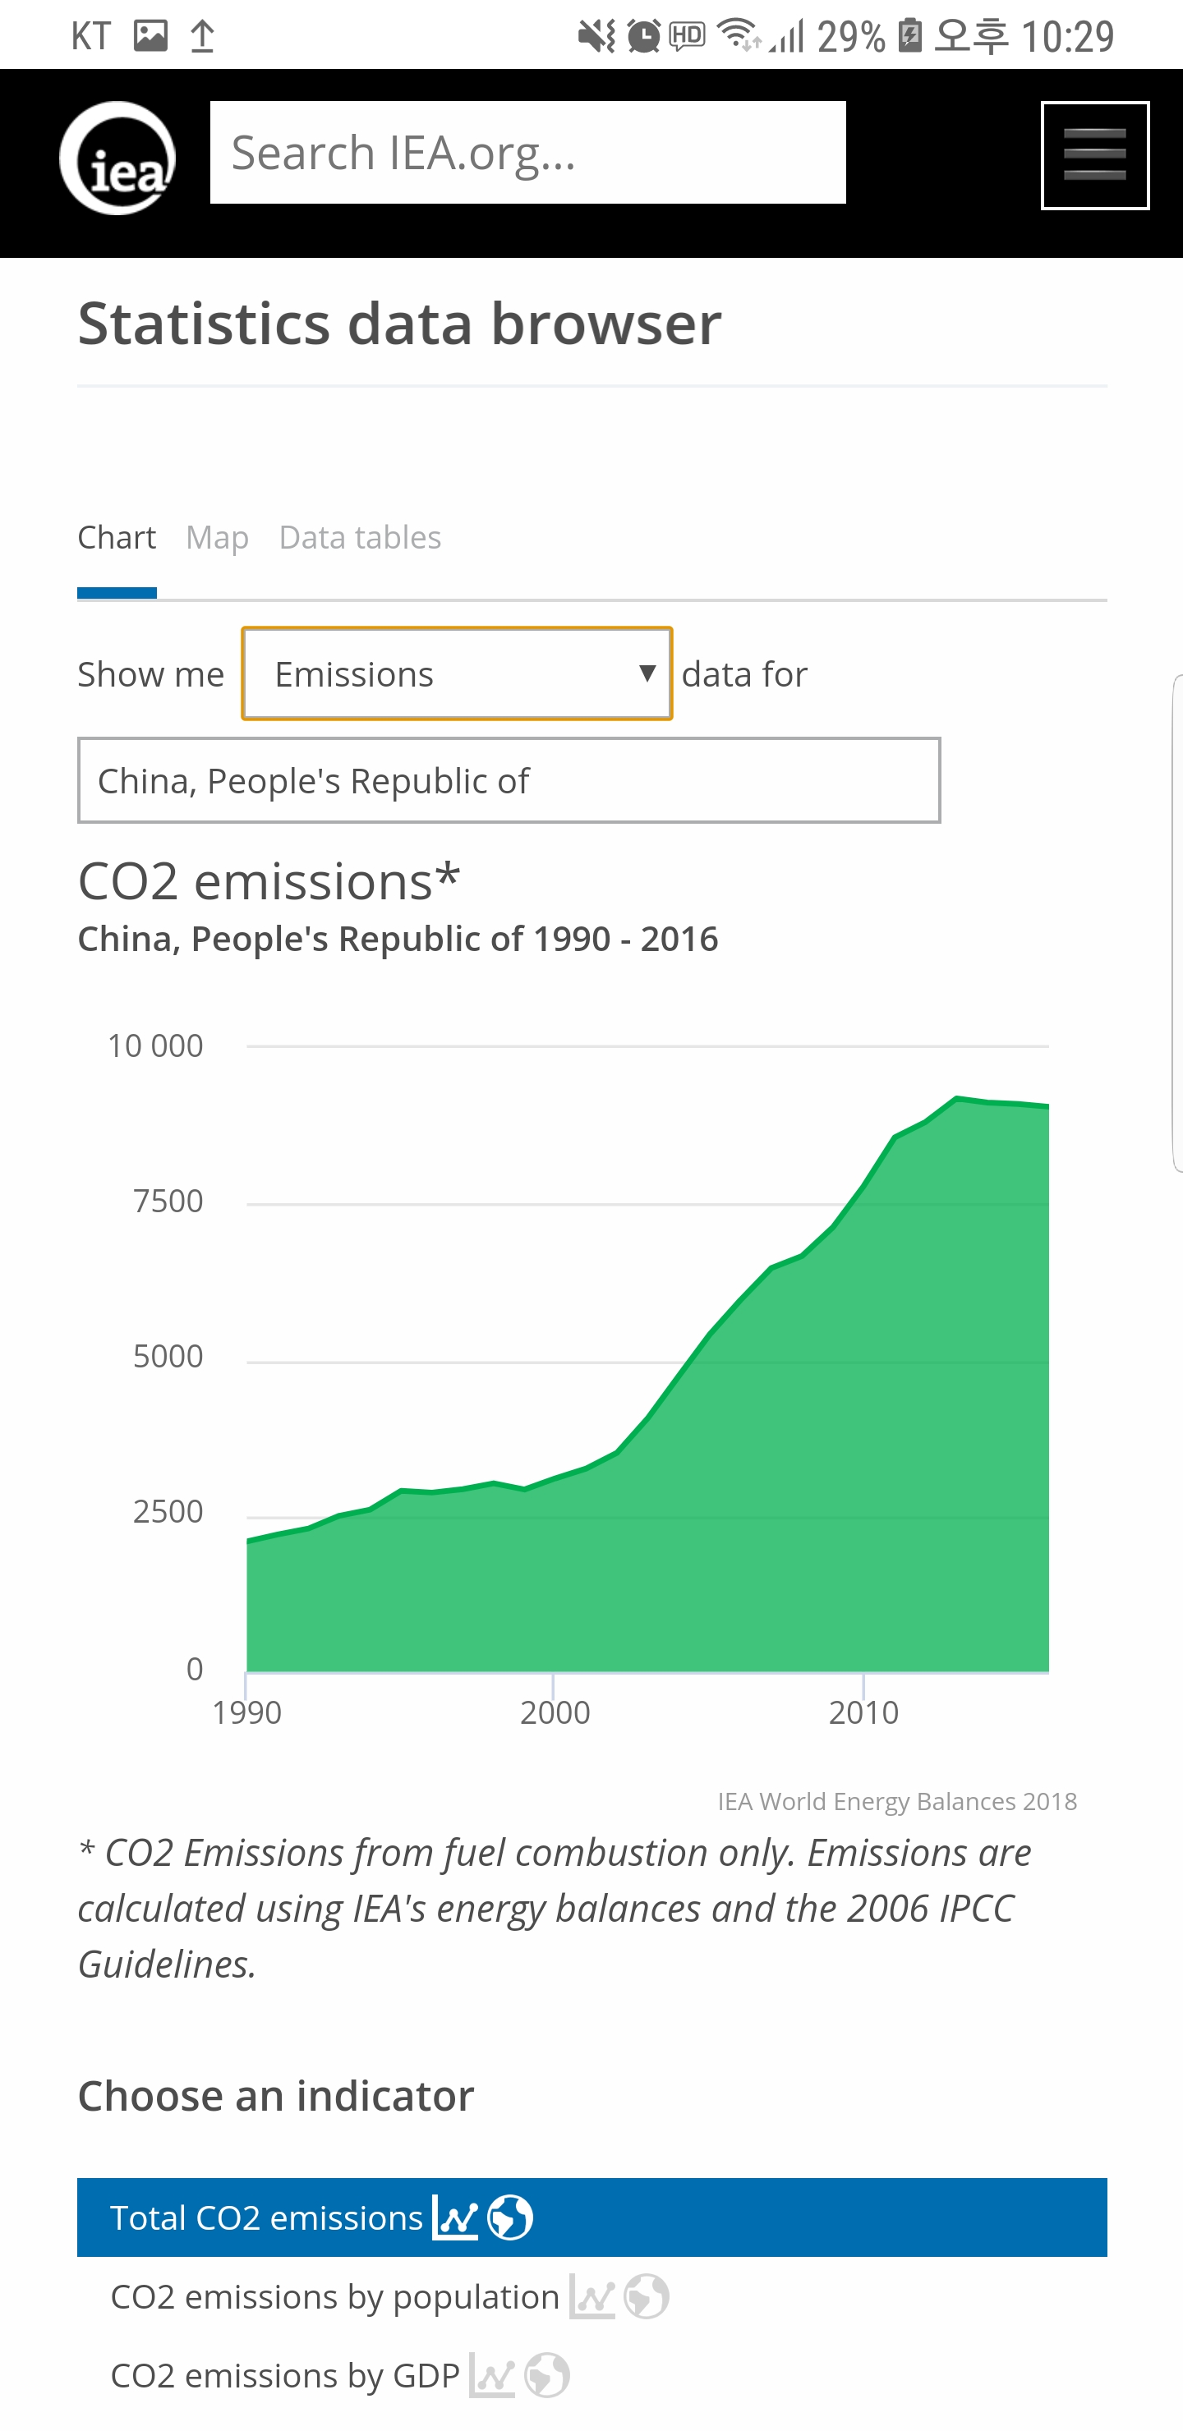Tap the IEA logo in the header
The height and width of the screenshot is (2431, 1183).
(117, 159)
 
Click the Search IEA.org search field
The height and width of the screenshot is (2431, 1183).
(527, 153)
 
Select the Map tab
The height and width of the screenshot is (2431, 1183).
(217, 538)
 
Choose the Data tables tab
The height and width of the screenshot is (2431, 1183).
(360, 538)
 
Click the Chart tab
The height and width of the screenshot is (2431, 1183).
(116, 538)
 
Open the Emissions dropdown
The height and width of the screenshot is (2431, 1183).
(457, 673)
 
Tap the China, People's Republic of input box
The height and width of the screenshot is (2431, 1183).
(509, 780)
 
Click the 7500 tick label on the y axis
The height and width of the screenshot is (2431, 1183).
(168, 1202)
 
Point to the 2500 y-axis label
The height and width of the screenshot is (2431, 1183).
(168, 1512)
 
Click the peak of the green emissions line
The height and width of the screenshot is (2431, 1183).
(957, 1099)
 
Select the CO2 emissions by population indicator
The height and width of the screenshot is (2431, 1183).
(335, 2297)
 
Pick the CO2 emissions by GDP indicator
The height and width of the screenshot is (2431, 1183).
(285, 2375)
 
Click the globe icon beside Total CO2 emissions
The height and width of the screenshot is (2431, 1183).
(510, 2217)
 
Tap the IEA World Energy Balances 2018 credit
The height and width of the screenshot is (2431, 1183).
(897, 1802)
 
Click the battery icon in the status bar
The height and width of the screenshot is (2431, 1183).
(910, 36)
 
